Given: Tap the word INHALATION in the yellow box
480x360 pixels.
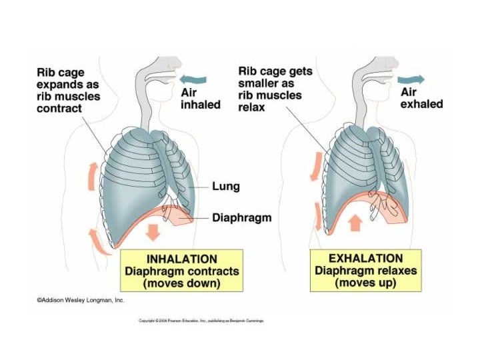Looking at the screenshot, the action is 181,259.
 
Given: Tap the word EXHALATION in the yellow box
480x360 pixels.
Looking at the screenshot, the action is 365,258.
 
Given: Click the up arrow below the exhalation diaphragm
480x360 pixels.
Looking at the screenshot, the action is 355,221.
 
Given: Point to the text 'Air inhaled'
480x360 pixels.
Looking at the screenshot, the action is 200,98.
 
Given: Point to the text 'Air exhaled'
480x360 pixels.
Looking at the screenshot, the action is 421,97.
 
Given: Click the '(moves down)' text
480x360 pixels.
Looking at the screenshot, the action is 181,283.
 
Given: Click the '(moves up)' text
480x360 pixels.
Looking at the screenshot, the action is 365,283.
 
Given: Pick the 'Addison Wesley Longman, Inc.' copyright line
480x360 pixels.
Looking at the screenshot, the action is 80,301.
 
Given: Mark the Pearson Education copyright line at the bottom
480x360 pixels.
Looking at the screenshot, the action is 201,321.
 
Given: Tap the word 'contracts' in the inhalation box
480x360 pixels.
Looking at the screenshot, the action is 209,271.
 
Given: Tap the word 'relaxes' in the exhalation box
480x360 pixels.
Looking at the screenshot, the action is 395,271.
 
